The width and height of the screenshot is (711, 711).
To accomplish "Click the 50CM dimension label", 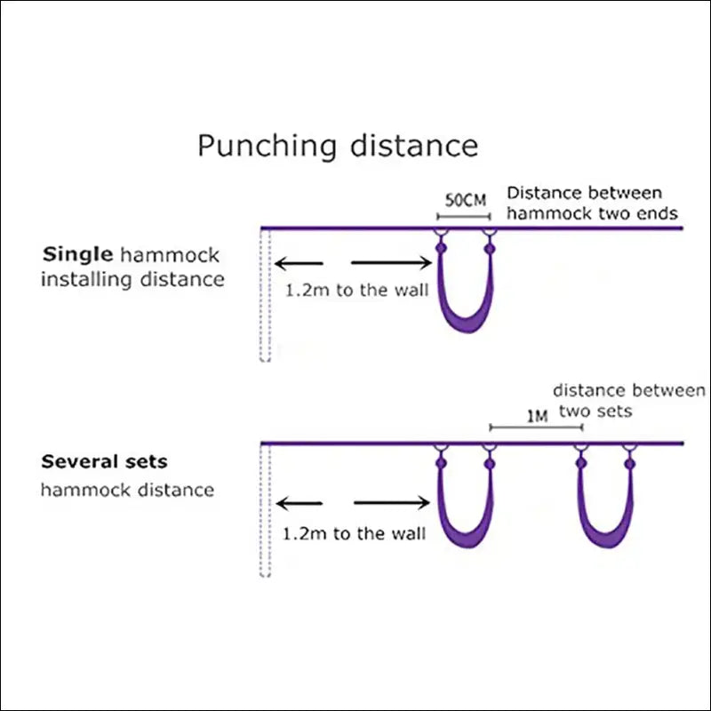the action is point(465,200).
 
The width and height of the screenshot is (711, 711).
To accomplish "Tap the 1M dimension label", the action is point(538,416).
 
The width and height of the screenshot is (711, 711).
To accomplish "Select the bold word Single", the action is point(77,255).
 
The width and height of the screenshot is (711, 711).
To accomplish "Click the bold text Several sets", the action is point(104,461).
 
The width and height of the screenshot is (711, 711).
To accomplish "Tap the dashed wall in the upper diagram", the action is point(265,295).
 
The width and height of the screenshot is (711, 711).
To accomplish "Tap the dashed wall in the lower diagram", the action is point(265,510).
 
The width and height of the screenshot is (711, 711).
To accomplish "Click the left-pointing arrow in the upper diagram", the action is point(299,263).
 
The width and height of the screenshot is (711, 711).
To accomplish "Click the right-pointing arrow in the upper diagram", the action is point(391,262).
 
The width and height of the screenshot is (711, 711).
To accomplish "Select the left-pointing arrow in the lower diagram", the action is point(300,503).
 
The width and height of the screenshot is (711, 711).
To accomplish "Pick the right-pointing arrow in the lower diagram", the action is point(392,502).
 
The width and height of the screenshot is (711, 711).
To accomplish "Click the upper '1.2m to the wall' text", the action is point(356,291).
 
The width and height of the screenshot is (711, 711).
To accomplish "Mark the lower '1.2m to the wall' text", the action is point(354,534).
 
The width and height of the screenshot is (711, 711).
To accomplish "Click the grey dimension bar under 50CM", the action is point(464,217).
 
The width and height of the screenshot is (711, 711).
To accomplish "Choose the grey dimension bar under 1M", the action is point(537,427).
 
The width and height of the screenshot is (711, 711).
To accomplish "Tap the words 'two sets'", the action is point(595,411).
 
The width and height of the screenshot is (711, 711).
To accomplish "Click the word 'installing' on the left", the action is point(86,279).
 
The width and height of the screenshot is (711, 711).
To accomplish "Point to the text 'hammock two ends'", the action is point(592,213).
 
